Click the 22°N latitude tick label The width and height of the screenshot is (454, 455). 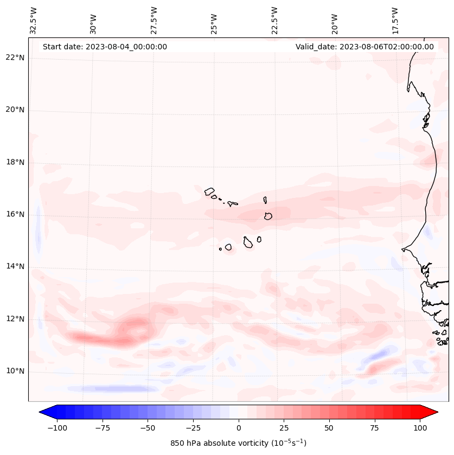click(15, 57)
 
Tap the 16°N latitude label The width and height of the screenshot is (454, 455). click(15, 214)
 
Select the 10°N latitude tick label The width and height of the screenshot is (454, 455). click(15, 371)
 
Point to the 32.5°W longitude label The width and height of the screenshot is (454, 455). click(34, 20)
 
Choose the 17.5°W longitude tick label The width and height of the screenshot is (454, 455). click(395, 20)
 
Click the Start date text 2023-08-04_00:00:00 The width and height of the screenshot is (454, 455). click(105, 47)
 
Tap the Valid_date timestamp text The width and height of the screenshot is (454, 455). click(365, 47)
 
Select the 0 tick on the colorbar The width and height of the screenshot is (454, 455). click(238, 428)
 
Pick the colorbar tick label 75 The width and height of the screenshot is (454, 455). click(374, 428)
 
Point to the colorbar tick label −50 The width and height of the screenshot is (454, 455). click(148, 428)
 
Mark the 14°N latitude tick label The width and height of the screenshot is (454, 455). click(15, 266)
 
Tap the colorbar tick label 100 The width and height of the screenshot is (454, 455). click(420, 428)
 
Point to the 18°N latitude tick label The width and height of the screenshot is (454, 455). click(15, 162)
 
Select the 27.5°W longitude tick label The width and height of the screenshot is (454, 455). click(154, 20)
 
